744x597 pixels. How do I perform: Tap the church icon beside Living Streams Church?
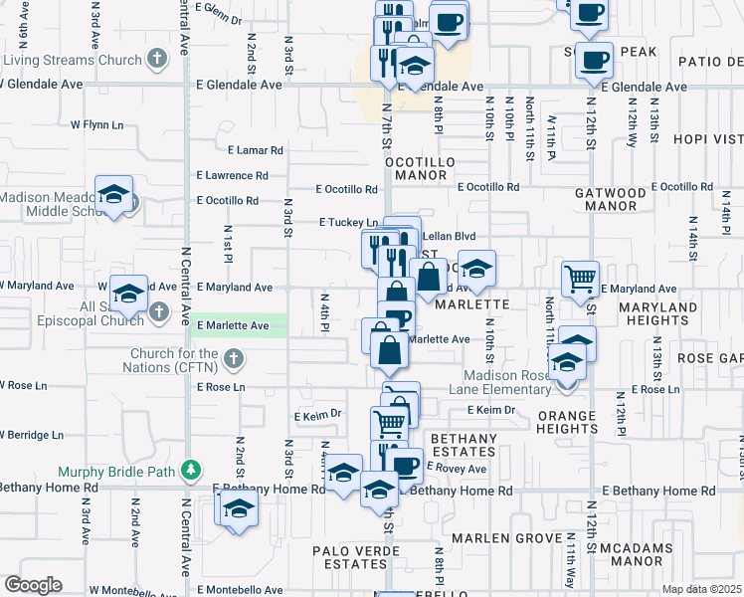(x=156, y=60)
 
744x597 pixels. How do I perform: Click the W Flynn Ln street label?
(x=96, y=125)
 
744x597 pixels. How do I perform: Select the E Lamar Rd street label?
(x=255, y=151)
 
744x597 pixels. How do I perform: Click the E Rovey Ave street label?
(x=456, y=468)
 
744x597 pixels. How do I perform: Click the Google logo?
(x=33, y=585)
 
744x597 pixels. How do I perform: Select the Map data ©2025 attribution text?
(x=701, y=589)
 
